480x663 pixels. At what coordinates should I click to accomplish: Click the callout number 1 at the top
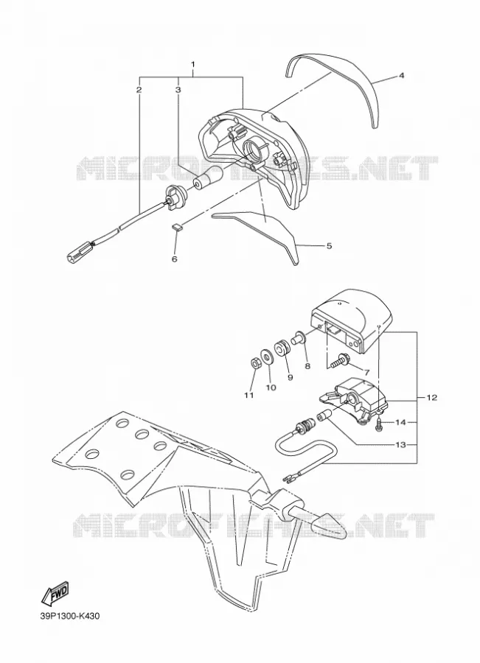[193, 65]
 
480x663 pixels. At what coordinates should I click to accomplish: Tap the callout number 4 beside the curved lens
[401, 76]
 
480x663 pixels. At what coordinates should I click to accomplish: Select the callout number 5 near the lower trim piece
[329, 245]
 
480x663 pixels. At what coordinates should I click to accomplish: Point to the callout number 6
[175, 259]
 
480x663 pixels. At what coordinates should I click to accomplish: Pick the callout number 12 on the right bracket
[432, 398]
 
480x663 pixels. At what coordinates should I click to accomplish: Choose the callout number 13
[400, 445]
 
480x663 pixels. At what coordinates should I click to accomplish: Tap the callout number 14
[400, 422]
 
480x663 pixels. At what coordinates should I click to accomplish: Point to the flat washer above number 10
[268, 356]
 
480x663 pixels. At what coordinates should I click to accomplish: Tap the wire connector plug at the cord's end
[80, 250]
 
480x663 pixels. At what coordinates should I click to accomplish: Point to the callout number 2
[139, 90]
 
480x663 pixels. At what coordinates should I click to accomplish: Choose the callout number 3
[178, 90]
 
